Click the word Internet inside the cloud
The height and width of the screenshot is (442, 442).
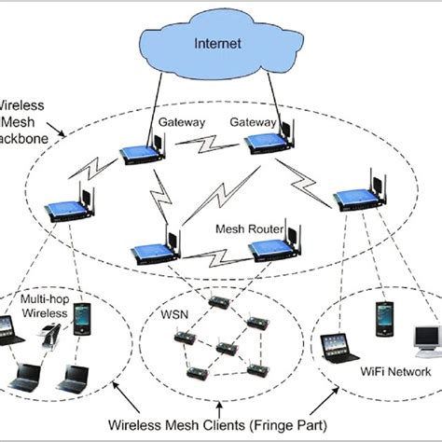pos(219,44)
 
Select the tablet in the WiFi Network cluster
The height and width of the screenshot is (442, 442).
pos(334,348)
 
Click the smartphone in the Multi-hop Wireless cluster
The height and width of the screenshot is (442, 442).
pos(83,318)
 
